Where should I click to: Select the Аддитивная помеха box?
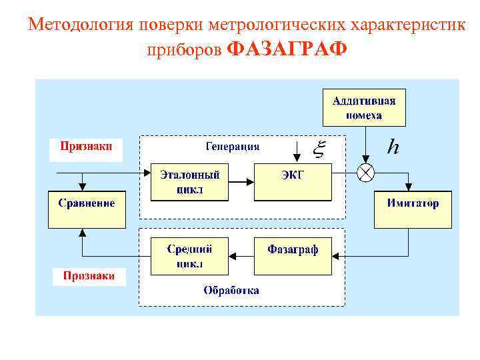pos(364,107)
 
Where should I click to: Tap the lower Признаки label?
pos(89,275)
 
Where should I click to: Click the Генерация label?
pos(233,147)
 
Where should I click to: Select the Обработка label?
pos(231,291)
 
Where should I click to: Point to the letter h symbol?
pos(393,147)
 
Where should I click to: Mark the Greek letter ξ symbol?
pos(319,151)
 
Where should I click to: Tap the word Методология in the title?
pos(81,25)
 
